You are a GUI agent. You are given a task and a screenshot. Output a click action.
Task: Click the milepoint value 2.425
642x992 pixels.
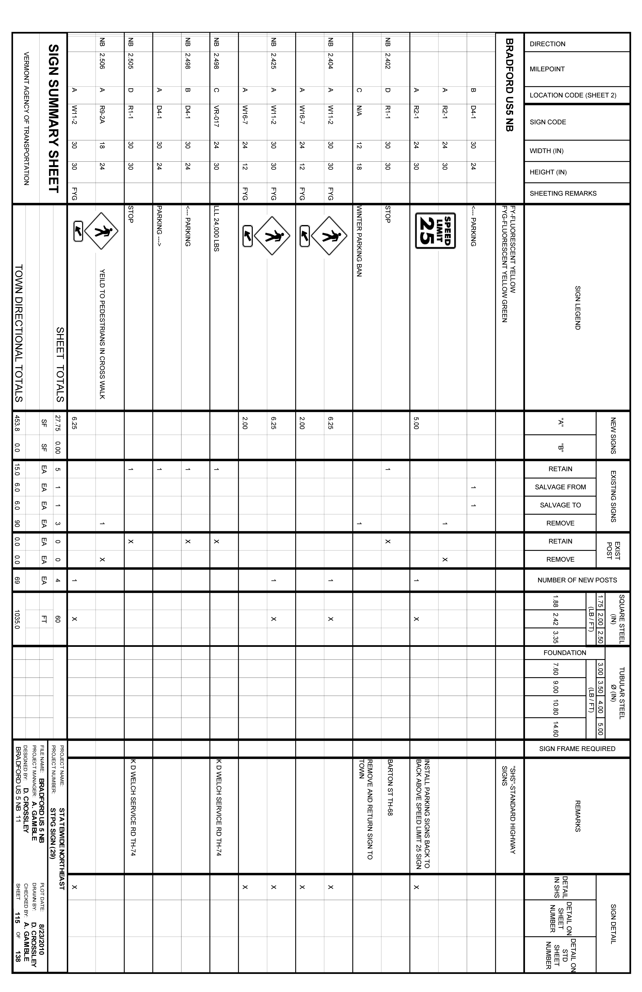[x=273, y=60]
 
